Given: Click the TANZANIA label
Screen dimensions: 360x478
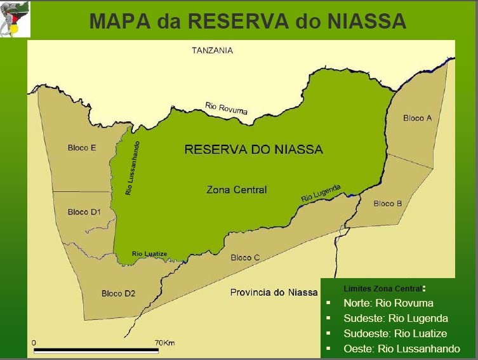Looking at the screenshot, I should [x=213, y=50].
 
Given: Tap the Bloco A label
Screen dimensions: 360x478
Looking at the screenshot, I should [x=417, y=118].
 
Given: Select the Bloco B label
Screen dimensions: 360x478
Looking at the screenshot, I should [x=387, y=204].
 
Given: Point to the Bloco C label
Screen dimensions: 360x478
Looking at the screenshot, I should [x=245, y=257].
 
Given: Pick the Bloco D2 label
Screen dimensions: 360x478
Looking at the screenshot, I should [x=118, y=293].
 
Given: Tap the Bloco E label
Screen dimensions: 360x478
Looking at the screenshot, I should [x=82, y=148].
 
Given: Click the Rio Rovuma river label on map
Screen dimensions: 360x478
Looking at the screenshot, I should [x=226, y=108].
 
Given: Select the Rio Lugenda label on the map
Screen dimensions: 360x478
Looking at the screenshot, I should [x=321, y=193].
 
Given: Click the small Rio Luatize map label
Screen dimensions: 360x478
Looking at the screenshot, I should [x=149, y=254].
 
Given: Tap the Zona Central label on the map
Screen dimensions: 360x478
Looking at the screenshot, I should [x=237, y=189].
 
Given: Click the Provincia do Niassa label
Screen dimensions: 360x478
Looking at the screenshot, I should [x=274, y=292].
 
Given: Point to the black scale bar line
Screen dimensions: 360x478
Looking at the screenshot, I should [x=96, y=350].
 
